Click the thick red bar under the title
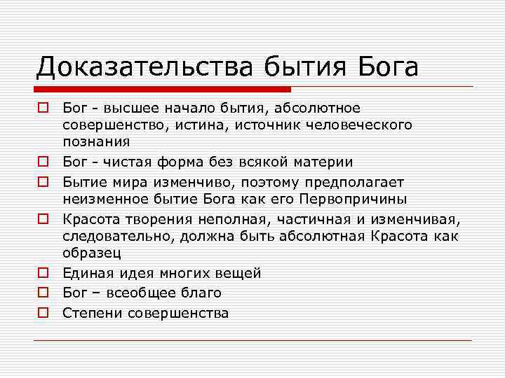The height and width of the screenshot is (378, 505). pos(162,90)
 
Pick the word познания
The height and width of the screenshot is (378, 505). pos(95,141)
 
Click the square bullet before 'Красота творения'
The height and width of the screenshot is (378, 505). pos(43,220)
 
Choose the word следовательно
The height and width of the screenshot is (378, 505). pos(118,236)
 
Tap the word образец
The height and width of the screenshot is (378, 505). pos(92,253)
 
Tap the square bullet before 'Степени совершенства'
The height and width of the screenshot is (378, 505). pos(43,313)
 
